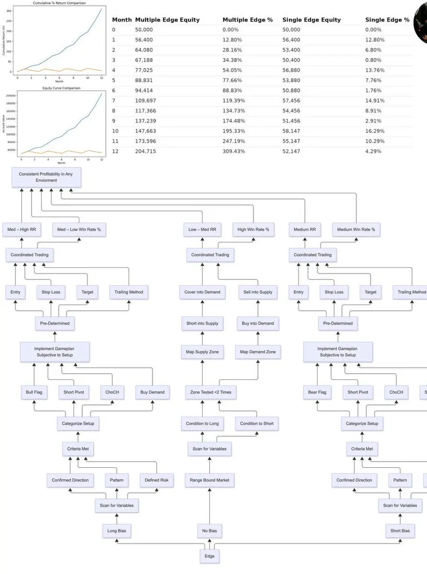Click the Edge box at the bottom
point(209,556)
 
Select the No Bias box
point(209,530)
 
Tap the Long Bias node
point(117,530)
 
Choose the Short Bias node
point(399,530)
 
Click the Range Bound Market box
point(209,480)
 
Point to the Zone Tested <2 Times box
point(209,392)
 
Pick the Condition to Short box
point(257,423)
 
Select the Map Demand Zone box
point(258,352)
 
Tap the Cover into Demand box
point(202,292)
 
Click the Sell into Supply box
point(258,292)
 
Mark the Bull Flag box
point(34,392)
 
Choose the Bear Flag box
point(317,392)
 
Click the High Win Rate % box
point(253,230)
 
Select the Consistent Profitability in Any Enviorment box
point(46,177)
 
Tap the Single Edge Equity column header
point(311,20)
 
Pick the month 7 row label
point(114,100)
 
